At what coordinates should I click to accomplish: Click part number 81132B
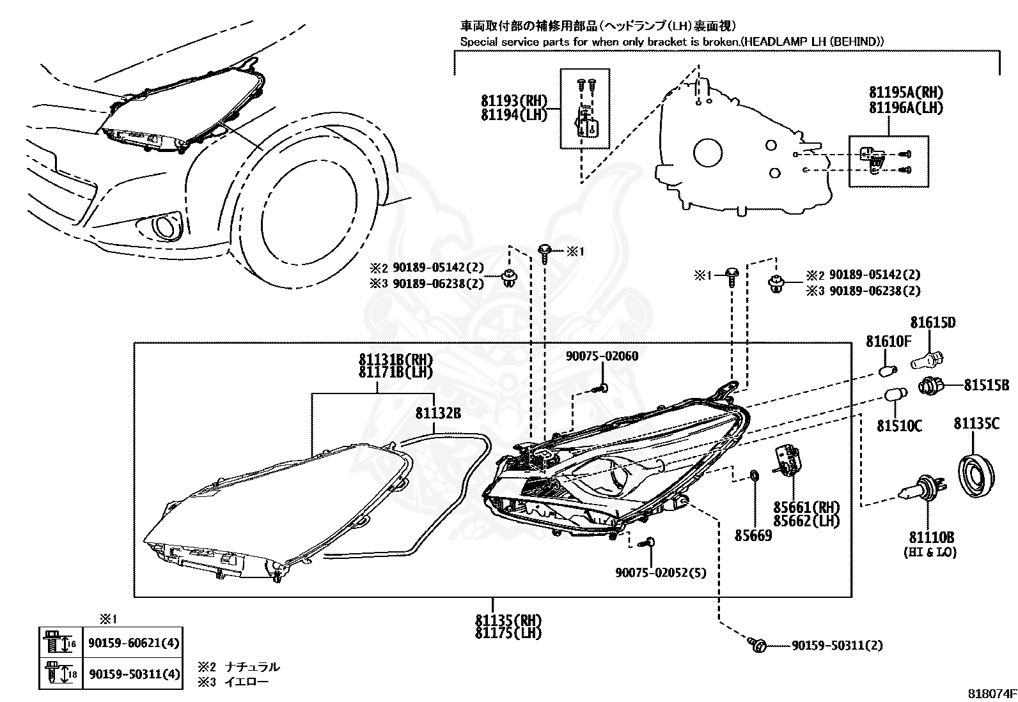click(438, 413)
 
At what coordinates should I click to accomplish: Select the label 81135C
click(976, 423)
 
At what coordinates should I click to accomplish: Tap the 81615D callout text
click(933, 323)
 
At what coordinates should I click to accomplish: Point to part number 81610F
click(888, 341)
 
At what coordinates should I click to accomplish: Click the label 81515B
click(987, 385)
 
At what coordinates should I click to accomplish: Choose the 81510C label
click(900, 426)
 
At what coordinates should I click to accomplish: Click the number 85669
click(753, 536)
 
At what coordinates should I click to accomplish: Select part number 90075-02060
click(602, 356)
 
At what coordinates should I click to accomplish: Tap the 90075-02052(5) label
click(661, 572)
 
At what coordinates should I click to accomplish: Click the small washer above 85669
click(753, 476)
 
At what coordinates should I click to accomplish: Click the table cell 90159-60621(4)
click(134, 643)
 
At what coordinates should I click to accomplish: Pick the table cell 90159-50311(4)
click(134, 674)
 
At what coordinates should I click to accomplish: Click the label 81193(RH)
click(515, 101)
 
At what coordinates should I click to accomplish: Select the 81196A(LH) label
click(906, 107)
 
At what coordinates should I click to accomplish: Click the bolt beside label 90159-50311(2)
click(756, 645)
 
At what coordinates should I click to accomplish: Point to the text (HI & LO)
click(930, 553)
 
